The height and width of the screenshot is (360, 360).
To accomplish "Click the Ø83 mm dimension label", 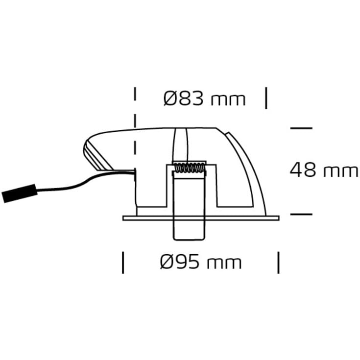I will [204, 99].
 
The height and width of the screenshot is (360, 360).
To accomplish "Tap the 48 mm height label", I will [324, 170].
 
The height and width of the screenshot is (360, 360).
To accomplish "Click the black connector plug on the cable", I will [15, 194].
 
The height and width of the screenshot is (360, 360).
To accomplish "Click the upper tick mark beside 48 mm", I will [301, 128].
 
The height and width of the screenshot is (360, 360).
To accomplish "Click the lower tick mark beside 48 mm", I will [301, 214].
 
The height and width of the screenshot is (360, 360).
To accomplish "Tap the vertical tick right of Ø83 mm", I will [266, 98].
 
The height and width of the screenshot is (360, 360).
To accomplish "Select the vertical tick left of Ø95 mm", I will [123, 262].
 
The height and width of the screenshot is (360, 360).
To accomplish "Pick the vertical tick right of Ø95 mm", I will [279, 262].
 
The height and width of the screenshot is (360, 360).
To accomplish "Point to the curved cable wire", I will [73, 184].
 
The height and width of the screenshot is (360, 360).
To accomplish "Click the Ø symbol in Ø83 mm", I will [170, 99].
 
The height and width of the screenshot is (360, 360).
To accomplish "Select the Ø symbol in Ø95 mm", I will [167, 262].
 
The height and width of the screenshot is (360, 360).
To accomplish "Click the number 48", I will [303, 170].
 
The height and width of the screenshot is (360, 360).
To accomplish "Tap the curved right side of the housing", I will [250, 167].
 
